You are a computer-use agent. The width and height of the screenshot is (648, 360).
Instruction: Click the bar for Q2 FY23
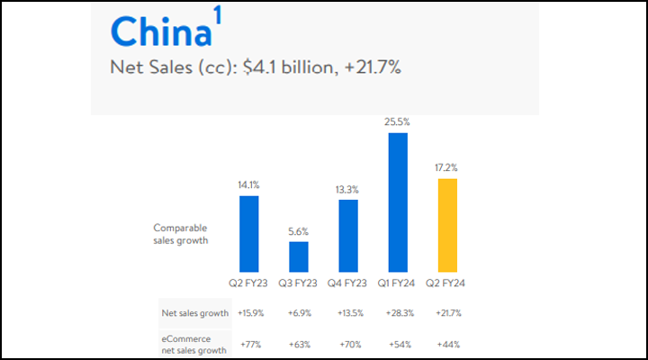[249, 233]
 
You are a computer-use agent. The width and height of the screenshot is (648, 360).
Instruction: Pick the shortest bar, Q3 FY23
[299, 256]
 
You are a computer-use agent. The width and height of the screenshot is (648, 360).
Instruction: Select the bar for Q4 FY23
[348, 235]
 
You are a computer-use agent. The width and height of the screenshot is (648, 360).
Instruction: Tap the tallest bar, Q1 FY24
[398, 202]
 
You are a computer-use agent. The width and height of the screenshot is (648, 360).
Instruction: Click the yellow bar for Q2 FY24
[447, 225]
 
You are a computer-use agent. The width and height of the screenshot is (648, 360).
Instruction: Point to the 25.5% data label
[398, 121]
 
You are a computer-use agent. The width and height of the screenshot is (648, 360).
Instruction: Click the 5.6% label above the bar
[299, 230]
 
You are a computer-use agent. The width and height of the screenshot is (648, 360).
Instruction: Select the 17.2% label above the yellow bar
[447, 167]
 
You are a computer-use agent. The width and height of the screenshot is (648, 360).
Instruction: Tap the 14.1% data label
[249, 184]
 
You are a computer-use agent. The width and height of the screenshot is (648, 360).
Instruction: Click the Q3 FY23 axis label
[299, 283]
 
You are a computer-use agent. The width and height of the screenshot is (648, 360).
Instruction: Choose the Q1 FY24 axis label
[398, 283]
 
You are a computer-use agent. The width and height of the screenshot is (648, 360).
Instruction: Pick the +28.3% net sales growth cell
[398, 313]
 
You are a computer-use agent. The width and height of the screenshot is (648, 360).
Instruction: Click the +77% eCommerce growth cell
[249, 344]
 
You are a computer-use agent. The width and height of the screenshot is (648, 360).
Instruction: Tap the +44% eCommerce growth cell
[447, 344]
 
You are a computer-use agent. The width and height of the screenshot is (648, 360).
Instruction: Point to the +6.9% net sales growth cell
[299, 313]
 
